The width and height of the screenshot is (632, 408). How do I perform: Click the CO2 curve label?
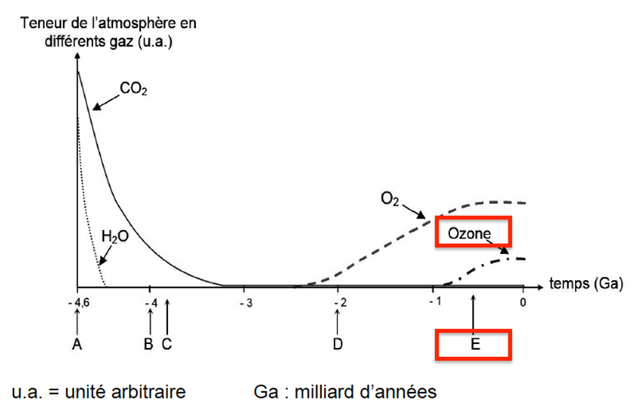click(134, 90)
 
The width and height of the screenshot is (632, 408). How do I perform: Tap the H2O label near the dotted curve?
click(115, 237)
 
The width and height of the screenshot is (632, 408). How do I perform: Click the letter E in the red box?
click(474, 345)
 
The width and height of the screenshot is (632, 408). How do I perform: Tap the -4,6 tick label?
click(77, 302)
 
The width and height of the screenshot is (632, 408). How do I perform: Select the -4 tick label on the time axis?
click(151, 302)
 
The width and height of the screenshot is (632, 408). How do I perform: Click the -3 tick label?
click(245, 302)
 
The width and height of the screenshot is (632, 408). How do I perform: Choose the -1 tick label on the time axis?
click(435, 302)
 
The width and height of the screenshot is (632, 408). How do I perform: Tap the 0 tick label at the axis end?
click(523, 302)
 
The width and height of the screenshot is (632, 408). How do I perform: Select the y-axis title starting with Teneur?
click(109, 31)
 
